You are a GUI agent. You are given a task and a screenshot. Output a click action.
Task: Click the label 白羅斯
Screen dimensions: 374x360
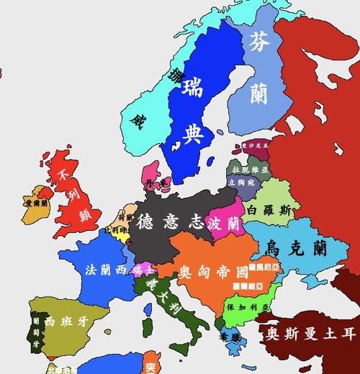269,211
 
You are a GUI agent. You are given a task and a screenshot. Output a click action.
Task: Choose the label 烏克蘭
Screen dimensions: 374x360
297,248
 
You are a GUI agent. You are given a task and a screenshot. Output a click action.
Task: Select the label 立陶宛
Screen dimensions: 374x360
240,183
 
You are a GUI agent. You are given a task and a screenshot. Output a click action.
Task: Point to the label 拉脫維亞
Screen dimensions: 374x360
243,169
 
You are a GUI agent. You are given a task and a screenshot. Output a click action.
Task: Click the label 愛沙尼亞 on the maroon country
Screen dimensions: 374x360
253,146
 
